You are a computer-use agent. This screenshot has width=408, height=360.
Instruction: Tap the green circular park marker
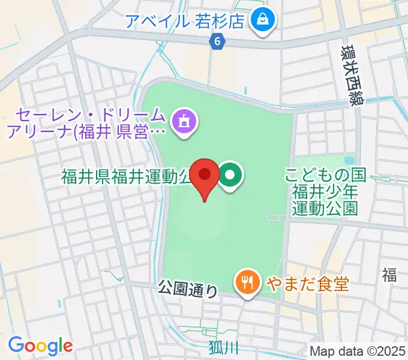pos(230,175)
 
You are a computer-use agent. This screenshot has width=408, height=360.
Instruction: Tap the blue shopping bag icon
pos(263,20)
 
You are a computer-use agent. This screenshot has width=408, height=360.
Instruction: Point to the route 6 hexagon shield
pos(217,41)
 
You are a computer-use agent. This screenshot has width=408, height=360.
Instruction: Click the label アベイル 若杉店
pos(185,21)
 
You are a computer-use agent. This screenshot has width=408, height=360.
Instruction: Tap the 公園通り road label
pos(188,290)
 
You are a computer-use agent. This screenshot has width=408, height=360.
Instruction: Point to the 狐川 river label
pos(224,346)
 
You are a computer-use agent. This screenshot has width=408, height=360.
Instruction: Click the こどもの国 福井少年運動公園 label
pos(325,191)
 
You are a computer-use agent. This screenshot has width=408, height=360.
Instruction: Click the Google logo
pos(40,345)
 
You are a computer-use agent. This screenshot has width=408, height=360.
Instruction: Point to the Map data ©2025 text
pos(358,351)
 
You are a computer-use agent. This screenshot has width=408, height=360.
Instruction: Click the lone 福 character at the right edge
pos(389,275)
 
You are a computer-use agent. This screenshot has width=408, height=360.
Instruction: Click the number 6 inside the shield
pos(217,41)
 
